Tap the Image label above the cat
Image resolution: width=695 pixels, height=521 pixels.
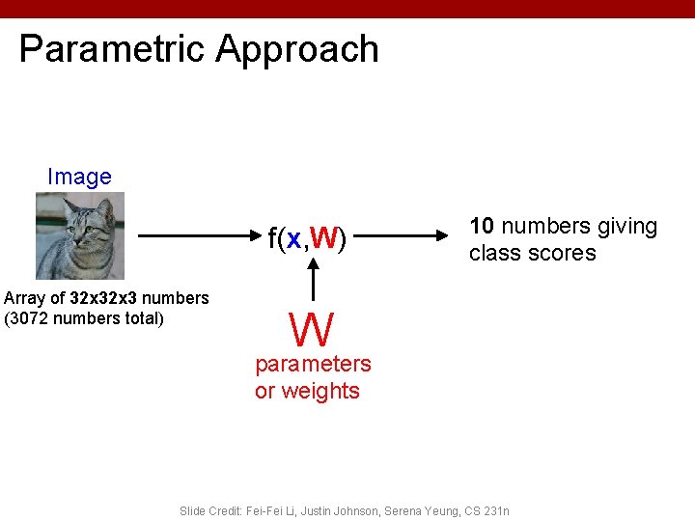click(79, 178)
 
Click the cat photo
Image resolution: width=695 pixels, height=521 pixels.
click(80, 235)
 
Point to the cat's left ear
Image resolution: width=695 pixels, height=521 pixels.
click(69, 204)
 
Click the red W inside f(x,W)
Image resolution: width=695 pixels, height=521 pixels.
click(324, 237)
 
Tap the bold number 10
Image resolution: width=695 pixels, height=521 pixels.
click(482, 226)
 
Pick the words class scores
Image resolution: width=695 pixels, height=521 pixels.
click(532, 253)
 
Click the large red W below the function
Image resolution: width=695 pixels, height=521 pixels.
click(312, 329)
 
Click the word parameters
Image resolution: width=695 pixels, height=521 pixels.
click(313, 364)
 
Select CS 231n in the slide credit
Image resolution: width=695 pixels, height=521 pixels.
click(486, 509)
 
